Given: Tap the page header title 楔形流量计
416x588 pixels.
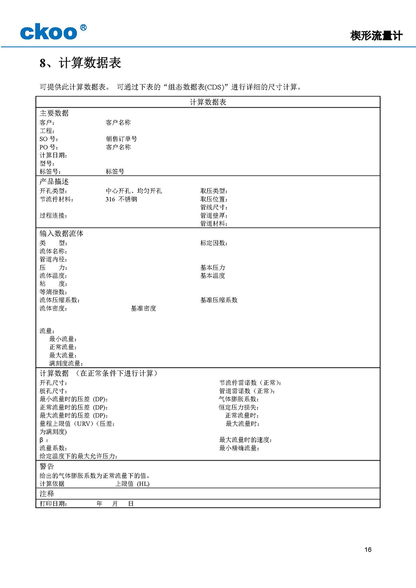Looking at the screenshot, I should point(376,36).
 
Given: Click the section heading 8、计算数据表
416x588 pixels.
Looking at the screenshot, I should point(80,63).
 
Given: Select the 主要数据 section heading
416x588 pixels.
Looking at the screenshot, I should point(54,113).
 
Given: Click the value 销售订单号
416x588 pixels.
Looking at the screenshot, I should point(121,139).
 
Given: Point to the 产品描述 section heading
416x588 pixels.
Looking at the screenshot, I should point(54,181).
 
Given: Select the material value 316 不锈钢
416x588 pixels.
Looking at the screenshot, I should point(121,199).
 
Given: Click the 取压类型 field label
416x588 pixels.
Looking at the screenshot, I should point(214,191).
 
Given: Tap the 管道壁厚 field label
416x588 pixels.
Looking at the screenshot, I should point(214,215).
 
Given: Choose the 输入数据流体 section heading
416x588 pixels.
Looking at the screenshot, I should point(61,233).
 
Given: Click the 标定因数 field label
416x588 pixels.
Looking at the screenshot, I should point(214,243).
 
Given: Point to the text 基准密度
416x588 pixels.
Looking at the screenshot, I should point(143,308).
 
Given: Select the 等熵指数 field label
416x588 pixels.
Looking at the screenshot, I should point(53,292).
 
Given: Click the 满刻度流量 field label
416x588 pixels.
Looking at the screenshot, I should point(66,363).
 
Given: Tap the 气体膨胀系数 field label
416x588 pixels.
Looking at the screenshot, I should point(239,399).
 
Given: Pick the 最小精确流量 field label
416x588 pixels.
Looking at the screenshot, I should point(239,448).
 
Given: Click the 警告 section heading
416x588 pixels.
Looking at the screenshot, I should point(47,466).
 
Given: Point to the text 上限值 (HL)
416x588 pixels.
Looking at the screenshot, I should point(132,484).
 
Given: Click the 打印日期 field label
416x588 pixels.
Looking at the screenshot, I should point(53,503).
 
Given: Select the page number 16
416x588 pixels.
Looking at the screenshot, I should point(368,549).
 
